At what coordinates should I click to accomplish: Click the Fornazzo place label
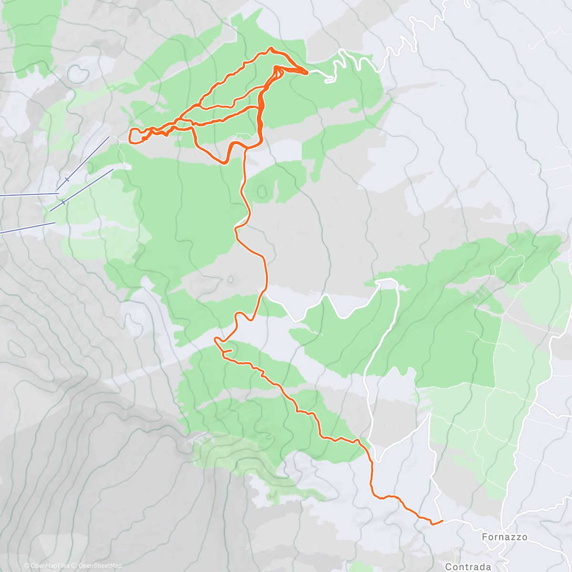(x=504, y=537)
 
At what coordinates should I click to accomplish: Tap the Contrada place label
(x=468, y=567)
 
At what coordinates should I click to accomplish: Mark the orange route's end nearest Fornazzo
(x=442, y=521)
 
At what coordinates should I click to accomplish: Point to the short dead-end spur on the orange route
(x=228, y=351)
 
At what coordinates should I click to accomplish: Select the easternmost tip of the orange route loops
(x=307, y=72)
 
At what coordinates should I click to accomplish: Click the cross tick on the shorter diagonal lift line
(x=63, y=203)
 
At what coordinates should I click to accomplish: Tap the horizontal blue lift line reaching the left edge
(x=29, y=194)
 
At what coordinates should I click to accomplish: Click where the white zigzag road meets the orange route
(x=264, y=289)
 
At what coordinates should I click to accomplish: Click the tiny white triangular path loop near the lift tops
(x=127, y=165)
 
